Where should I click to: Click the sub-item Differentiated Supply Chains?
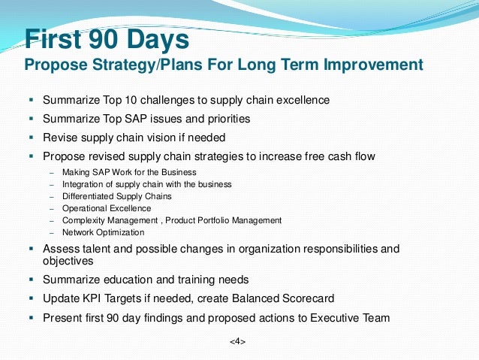point(117,196)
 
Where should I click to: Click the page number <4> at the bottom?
point(237,341)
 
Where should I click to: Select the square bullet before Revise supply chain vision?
point(32,138)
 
